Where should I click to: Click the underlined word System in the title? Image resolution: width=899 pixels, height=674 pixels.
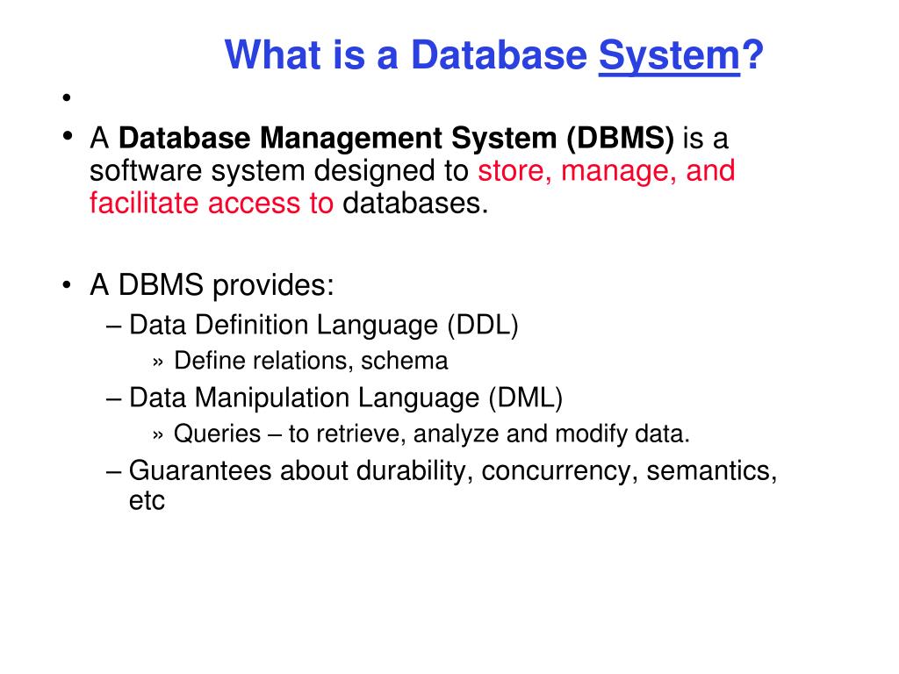tap(668, 58)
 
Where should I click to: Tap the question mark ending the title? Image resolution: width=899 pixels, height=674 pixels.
tap(752, 58)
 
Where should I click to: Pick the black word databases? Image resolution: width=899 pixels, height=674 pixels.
tap(414, 203)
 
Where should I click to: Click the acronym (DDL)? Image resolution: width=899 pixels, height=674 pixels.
tap(483, 325)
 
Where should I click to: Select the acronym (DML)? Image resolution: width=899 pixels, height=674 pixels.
tap(525, 398)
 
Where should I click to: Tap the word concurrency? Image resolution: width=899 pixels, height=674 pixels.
tap(557, 470)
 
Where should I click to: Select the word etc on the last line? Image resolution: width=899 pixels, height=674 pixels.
tap(147, 502)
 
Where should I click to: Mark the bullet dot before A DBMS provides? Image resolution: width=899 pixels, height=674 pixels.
tap(67, 286)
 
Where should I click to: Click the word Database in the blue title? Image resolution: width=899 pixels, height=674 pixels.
tap(500, 58)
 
